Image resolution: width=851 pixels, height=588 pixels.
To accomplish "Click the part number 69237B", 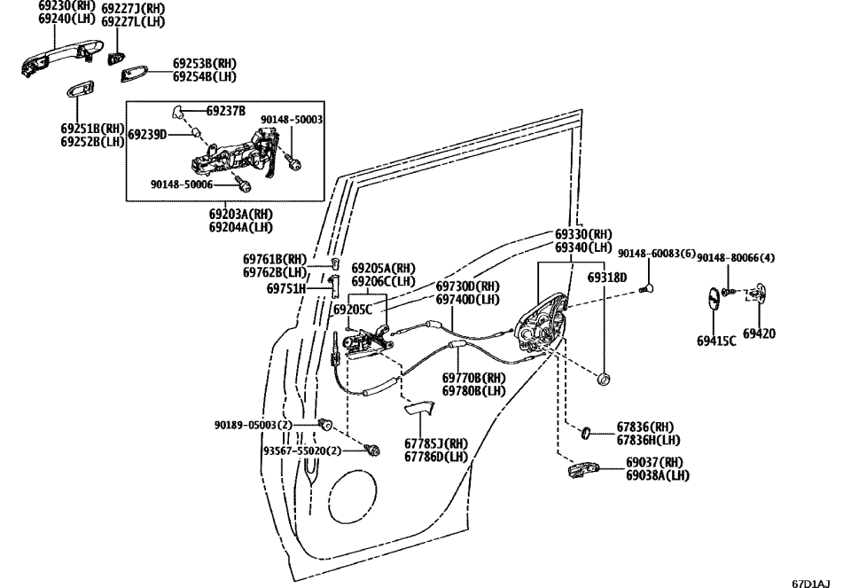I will tap(226, 111).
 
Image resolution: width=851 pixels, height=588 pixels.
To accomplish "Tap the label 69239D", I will tap(147, 135).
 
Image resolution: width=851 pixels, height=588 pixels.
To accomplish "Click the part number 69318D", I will tap(606, 278).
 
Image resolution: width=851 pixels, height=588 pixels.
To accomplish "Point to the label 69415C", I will tap(716, 340).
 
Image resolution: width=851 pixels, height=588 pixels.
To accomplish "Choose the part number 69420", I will tap(759, 333).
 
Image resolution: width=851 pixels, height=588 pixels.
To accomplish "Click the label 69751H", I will tap(285, 288).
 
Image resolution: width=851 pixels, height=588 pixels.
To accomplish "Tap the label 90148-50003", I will tap(292, 119).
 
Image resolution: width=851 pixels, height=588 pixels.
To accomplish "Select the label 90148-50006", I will tap(182, 184).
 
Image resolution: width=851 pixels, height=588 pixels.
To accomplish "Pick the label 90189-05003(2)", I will tap(253, 425).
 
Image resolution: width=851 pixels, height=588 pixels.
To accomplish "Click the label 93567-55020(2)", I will tap(301, 451).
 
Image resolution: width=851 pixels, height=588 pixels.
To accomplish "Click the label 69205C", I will tap(353, 310).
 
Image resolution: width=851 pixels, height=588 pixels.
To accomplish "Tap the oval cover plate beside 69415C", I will tap(714, 299).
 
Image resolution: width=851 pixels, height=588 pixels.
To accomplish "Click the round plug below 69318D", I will tap(605, 380).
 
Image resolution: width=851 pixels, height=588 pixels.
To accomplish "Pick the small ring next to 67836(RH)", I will tap(588, 432).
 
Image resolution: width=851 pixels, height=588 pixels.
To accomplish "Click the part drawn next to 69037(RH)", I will tap(584, 468).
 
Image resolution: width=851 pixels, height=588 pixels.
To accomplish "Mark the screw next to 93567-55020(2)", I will tap(373, 450).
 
